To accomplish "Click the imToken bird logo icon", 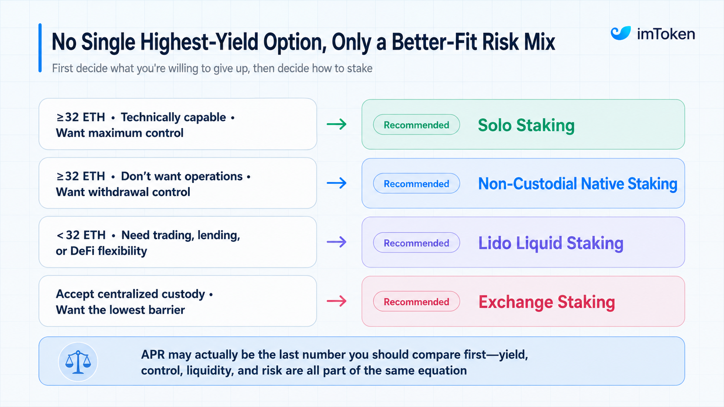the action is click(x=621, y=33).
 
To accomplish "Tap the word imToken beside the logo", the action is click(x=666, y=34).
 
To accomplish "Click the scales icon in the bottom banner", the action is click(x=78, y=362).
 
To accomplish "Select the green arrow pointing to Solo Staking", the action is click(x=336, y=124).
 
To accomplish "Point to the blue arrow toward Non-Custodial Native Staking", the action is click(x=336, y=183).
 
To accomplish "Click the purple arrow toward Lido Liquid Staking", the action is click(x=336, y=242).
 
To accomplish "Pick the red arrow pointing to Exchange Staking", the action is click(x=336, y=301).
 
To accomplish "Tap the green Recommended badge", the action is click(x=416, y=125).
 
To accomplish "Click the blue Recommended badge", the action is click(x=416, y=183).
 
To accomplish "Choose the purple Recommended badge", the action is click(x=416, y=242).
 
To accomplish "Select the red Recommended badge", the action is click(x=416, y=301).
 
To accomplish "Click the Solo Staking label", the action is click(x=526, y=125).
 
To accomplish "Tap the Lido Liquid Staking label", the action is click(x=551, y=243).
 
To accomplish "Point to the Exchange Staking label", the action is click(x=546, y=302).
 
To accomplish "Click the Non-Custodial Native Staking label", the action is click(x=578, y=184).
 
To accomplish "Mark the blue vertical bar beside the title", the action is click(x=40, y=48).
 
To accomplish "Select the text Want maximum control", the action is click(x=120, y=133).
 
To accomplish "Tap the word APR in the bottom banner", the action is click(x=153, y=355).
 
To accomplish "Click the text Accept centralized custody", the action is click(x=130, y=295).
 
